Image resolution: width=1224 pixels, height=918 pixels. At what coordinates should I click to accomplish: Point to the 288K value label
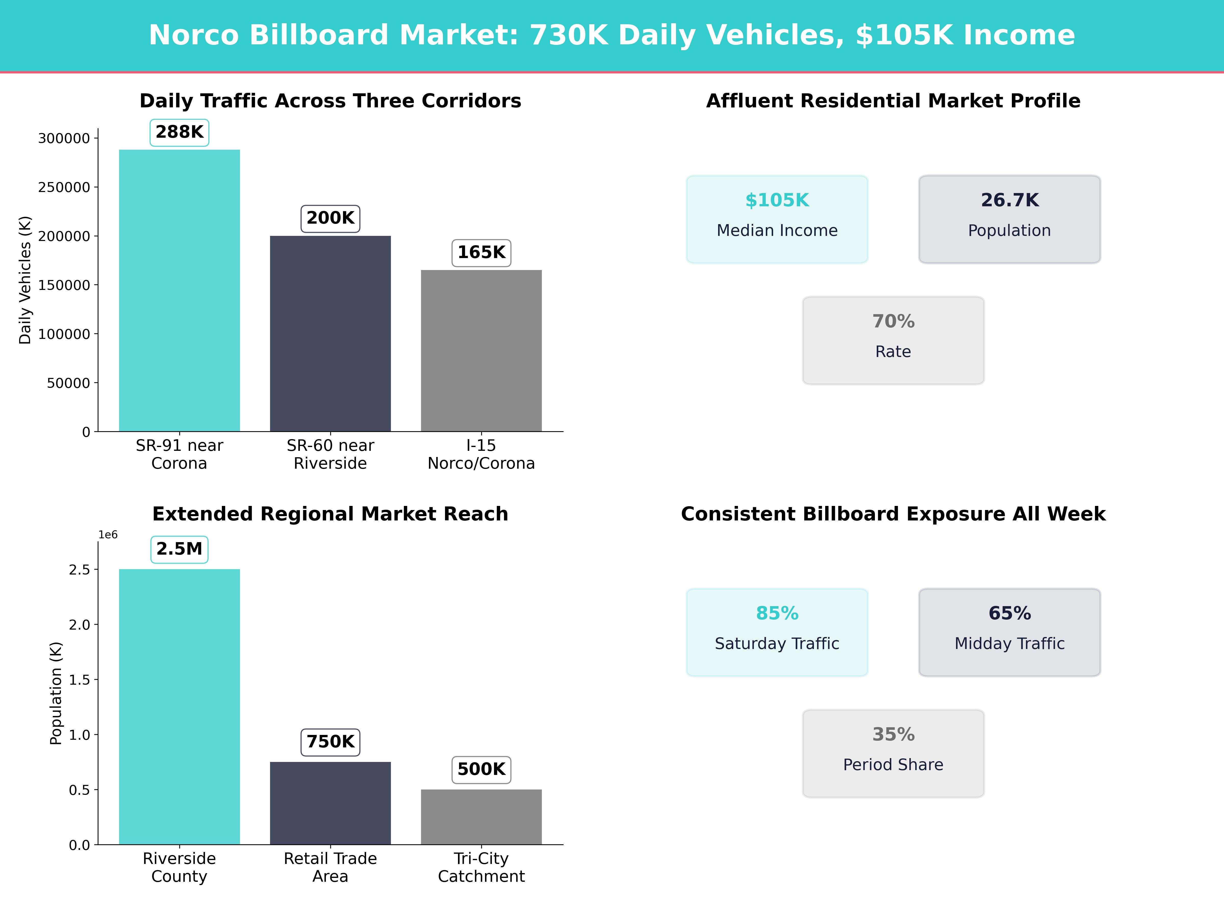pos(179,132)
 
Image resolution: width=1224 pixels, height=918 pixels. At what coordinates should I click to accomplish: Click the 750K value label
pos(330,742)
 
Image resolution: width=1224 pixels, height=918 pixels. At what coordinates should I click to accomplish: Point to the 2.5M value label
pos(179,550)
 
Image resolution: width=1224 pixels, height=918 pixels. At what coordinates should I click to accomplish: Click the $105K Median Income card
pos(777,219)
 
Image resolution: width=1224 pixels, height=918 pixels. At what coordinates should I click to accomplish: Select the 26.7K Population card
pos(1009,219)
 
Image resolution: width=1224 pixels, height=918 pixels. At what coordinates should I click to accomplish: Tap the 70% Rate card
pos(893,340)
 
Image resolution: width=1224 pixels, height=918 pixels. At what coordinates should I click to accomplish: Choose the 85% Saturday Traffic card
pos(777,632)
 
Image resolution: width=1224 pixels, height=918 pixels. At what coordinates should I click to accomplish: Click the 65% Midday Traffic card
pos(1009,632)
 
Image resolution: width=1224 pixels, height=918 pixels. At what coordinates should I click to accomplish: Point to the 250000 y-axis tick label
pos(64,188)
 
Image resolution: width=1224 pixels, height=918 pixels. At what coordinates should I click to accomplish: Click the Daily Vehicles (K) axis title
pos(25,280)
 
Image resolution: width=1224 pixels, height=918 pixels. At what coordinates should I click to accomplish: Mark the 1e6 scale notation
pos(108,534)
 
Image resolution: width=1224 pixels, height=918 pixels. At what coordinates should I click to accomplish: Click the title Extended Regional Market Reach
pos(330,514)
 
